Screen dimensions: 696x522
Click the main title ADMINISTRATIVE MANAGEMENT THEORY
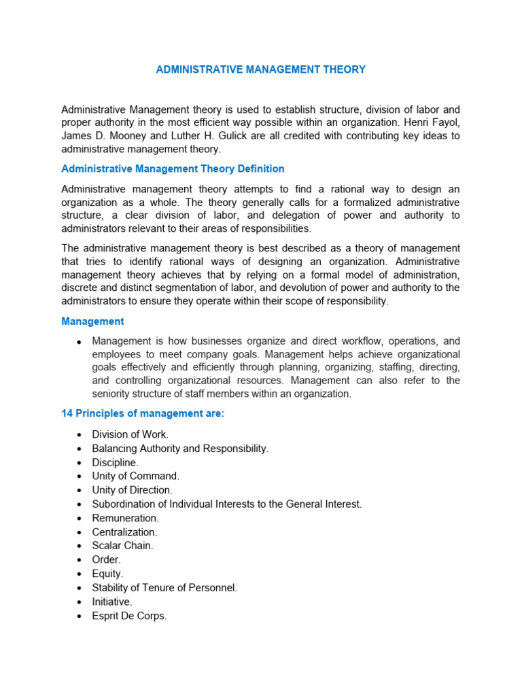pyautogui.click(x=260, y=69)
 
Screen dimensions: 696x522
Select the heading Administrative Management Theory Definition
pyautogui.click(x=173, y=169)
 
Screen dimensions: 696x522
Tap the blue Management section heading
pyautogui.click(x=92, y=321)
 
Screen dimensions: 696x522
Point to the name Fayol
pyautogui.click(x=446, y=122)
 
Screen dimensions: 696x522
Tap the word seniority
pyautogui.click(x=113, y=394)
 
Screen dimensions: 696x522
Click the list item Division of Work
pyautogui.click(x=130, y=434)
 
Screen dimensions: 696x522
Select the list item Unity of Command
pyautogui.click(x=136, y=476)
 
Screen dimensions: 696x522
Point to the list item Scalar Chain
pyautogui.click(x=123, y=545)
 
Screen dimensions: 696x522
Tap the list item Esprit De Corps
pyautogui.click(x=129, y=616)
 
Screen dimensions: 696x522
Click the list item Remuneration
pyautogui.click(x=126, y=518)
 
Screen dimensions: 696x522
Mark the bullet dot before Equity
pyautogui.click(x=80, y=574)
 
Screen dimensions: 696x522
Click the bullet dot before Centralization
pyautogui.click(x=80, y=532)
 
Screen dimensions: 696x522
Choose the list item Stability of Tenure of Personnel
pyautogui.click(x=165, y=588)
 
